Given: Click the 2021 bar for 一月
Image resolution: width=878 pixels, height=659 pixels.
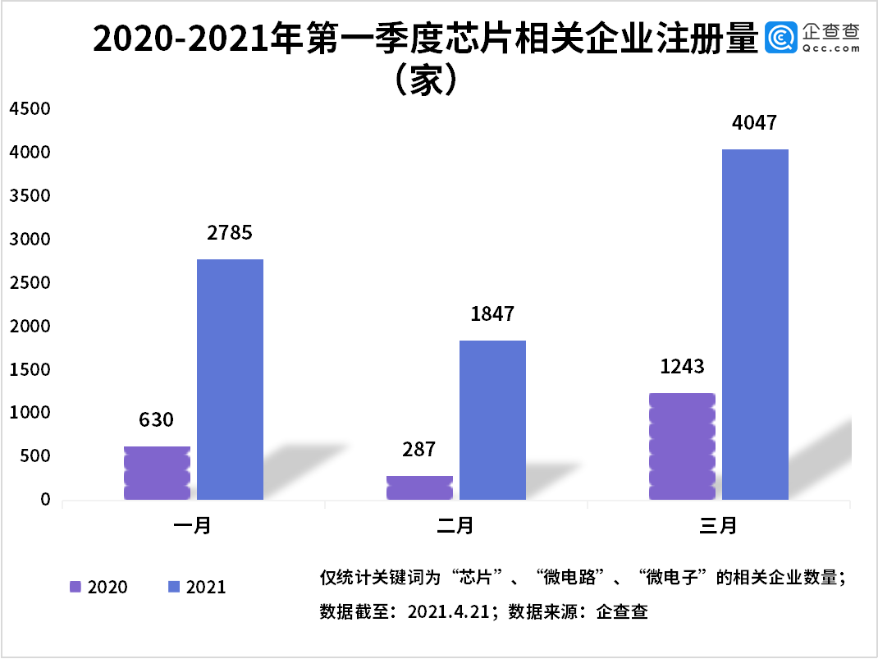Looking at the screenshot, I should coord(230,379).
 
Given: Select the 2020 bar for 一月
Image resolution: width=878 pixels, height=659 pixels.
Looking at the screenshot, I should coord(157,473).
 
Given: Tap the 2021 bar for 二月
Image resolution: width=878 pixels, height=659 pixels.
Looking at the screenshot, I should coord(492,420).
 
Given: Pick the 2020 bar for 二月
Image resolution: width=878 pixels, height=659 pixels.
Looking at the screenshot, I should coord(419,487).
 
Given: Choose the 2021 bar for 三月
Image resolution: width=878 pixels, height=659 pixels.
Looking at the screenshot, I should coord(755,324).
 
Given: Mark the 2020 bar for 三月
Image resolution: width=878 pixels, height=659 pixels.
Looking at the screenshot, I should coord(682,446).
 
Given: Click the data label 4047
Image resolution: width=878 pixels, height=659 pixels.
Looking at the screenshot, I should coord(754,123).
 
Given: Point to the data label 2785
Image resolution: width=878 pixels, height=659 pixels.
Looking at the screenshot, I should coord(230,233).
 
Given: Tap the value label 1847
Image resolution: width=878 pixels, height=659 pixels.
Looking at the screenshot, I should coord(492,313).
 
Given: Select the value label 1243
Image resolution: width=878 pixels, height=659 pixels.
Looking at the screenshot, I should coord(682,366).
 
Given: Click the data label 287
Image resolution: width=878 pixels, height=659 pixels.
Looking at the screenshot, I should coord(419,449).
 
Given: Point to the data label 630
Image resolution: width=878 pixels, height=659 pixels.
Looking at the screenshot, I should coord(156,420).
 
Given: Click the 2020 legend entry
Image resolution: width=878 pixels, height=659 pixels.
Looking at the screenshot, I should coord(98,587).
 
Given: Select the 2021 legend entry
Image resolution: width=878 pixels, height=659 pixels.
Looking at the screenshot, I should coord(197,587).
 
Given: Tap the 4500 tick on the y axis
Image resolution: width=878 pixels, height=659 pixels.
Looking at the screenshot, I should coord(30,109).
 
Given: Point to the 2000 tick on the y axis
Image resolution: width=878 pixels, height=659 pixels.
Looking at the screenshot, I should coord(30,327).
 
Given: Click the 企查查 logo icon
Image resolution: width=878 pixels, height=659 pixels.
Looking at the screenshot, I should coord(780,38).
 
